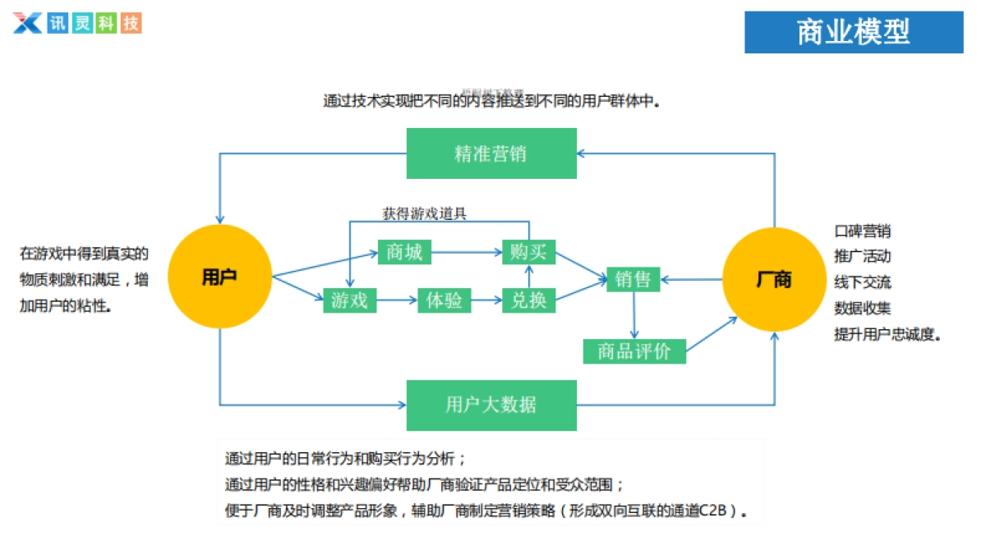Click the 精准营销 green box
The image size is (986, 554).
tap(491, 153)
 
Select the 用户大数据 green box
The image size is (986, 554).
tap(491, 405)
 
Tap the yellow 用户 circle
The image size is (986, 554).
tap(219, 277)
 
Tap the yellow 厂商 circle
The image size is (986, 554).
tap(773, 280)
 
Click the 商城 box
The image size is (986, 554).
tap(404, 252)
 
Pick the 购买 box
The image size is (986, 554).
tap(528, 252)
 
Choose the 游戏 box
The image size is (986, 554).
tap(349, 300)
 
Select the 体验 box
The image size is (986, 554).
tap(445, 300)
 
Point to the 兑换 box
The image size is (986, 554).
tap(528, 300)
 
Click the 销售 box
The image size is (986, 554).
tap(634, 279)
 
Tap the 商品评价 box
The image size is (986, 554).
tap(634, 351)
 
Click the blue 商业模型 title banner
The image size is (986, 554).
tap(854, 32)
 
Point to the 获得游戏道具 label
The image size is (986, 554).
tap(424, 213)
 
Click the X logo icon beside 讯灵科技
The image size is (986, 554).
tap(27, 22)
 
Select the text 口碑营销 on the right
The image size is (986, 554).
tap(862, 231)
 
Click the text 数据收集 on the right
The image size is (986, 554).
tap(862, 308)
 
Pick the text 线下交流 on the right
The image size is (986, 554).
tap(862, 282)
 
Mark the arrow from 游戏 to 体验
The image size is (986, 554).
tap(397, 300)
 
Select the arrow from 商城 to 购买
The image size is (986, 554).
tap(467, 252)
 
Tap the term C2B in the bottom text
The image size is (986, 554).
tap(714, 511)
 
